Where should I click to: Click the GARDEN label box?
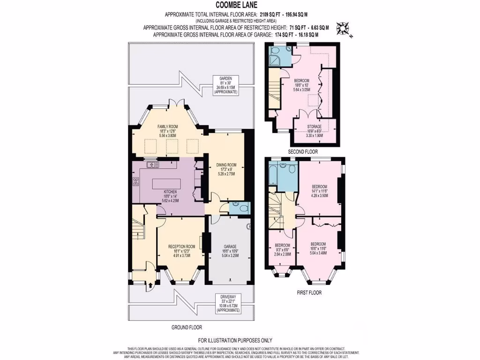[226, 86]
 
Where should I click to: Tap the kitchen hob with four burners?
[136, 182]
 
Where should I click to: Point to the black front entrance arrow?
[150, 284]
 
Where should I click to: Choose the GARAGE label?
[230, 251]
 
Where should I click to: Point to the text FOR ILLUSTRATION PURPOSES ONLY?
[235, 340]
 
